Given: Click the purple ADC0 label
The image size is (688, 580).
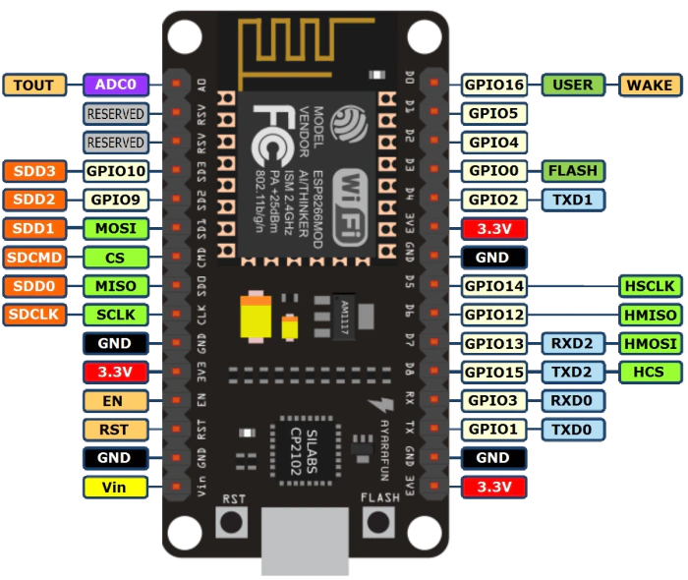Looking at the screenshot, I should (116, 85).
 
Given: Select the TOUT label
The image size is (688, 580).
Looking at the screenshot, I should (34, 85).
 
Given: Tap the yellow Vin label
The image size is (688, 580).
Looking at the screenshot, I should (115, 487).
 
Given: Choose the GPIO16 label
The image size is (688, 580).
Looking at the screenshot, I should (494, 85).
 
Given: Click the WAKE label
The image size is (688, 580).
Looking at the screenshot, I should (649, 85).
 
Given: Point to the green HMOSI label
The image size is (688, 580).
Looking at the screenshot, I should (649, 343).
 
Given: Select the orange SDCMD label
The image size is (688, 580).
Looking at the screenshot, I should (34, 258).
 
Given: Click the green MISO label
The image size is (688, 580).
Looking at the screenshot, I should (115, 286).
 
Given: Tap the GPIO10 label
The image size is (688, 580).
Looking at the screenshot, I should (115, 171).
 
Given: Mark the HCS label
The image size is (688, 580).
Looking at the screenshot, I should (649, 372).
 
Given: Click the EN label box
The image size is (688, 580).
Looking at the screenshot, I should (115, 400).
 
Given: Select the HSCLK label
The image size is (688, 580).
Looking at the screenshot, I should (649, 286).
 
